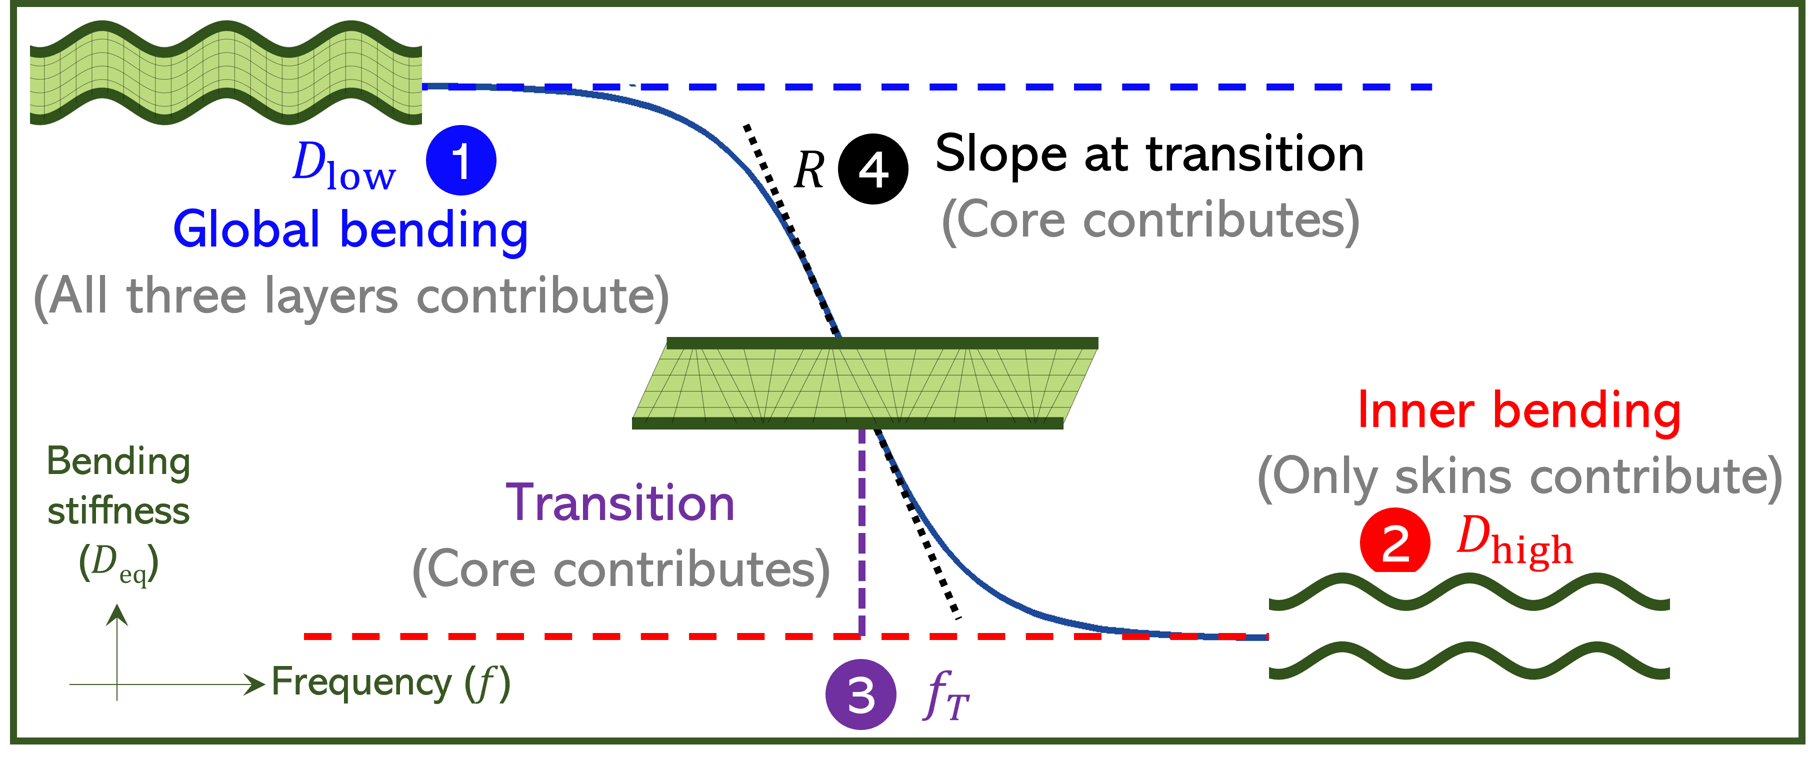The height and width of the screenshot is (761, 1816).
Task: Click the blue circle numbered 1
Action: pyautogui.click(x=461, y=160)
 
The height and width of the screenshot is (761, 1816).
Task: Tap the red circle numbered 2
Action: pyautogui.click(x=1395, y=541)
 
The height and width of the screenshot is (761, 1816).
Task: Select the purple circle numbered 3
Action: pyautogui.click(x=861, y=694)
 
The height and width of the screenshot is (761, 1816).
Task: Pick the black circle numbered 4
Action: pyautogui.click(x=873, y=169)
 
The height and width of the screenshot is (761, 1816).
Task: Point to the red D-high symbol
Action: pyautogui.click(x=1514, y=541)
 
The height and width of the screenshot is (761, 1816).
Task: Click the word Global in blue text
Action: pyautogui.click(x=246, y=230)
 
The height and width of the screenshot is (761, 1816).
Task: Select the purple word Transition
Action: pyautogui.click(x=620, y=503)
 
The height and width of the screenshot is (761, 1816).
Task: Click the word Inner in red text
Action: pyautogui.click(x=1415, y=410)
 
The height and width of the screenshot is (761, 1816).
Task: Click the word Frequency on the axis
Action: pyautogui.click(x=361, y=682)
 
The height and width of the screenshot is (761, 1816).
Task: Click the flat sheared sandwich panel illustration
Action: pyautogui.click(x=865, y=383)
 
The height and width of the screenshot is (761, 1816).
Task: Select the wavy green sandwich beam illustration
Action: pyautogui.click(x=225, y=72)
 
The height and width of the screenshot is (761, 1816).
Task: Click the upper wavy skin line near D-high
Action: pyautogui.click(x=1469, y=591)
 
